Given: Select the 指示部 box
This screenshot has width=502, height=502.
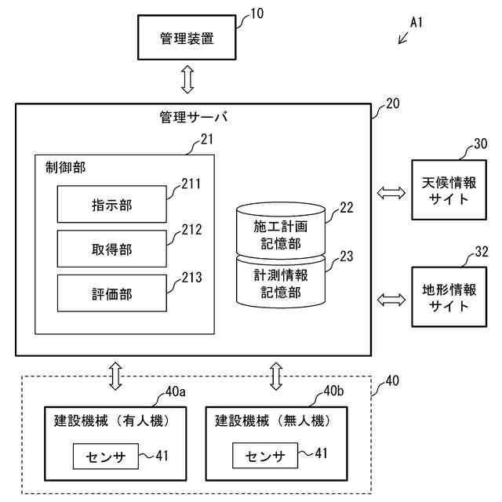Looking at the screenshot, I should pyautogui.click(x=111, y=205).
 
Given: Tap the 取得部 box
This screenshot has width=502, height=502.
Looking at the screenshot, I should pyautogui.click(x=111, y=249).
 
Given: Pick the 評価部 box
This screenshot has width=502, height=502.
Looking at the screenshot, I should pyautogui.click(x=111, y=294).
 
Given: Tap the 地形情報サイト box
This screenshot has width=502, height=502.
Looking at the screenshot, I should pyautogui.click(x=449, y=297).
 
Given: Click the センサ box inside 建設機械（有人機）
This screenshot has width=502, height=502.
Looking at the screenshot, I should pyautogui.click(x=104, y=456).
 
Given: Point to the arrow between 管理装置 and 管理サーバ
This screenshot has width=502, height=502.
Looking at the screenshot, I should pyautogui.click(x=187, y=80).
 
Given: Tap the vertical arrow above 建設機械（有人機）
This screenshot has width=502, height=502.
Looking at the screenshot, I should pyautogui.click(x=116, y=375).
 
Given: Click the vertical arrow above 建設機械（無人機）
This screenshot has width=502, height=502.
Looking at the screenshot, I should pyautogui.click(x=276, y=375).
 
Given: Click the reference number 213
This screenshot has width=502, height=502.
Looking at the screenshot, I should pyautogui.click(x=191, y=276).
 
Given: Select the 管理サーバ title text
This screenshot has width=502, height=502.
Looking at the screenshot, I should pyautogui.click(x=193, y=118).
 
